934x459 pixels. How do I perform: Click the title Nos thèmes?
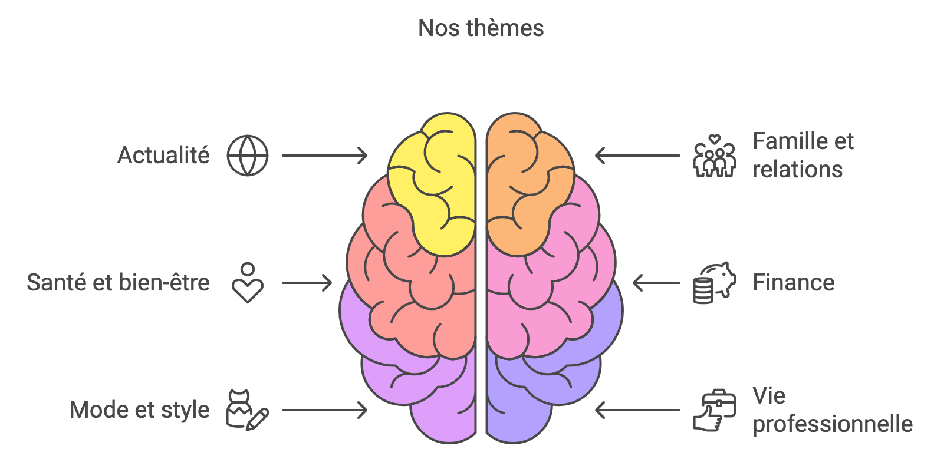point(481,28)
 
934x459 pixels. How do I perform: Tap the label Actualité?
point(163,156)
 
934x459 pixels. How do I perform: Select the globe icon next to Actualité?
point(248,156)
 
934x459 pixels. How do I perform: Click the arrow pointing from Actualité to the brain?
point(324,156)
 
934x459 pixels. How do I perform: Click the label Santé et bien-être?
point(118,283)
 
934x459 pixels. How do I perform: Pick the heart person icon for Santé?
point(248,283)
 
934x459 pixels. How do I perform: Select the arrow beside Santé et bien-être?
point(307,283)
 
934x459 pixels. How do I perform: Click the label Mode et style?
point(140,410)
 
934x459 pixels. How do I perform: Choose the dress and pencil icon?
point(247,410)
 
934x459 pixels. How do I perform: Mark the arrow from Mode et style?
point(324,410)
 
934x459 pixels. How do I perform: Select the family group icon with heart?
point(714,156)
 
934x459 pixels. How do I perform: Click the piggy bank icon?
point(714,283)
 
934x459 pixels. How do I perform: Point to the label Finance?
point(794,283)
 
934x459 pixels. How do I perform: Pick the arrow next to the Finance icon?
point(656,283)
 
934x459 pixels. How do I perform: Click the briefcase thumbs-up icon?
point(714,411)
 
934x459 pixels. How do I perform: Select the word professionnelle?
point(833,424)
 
